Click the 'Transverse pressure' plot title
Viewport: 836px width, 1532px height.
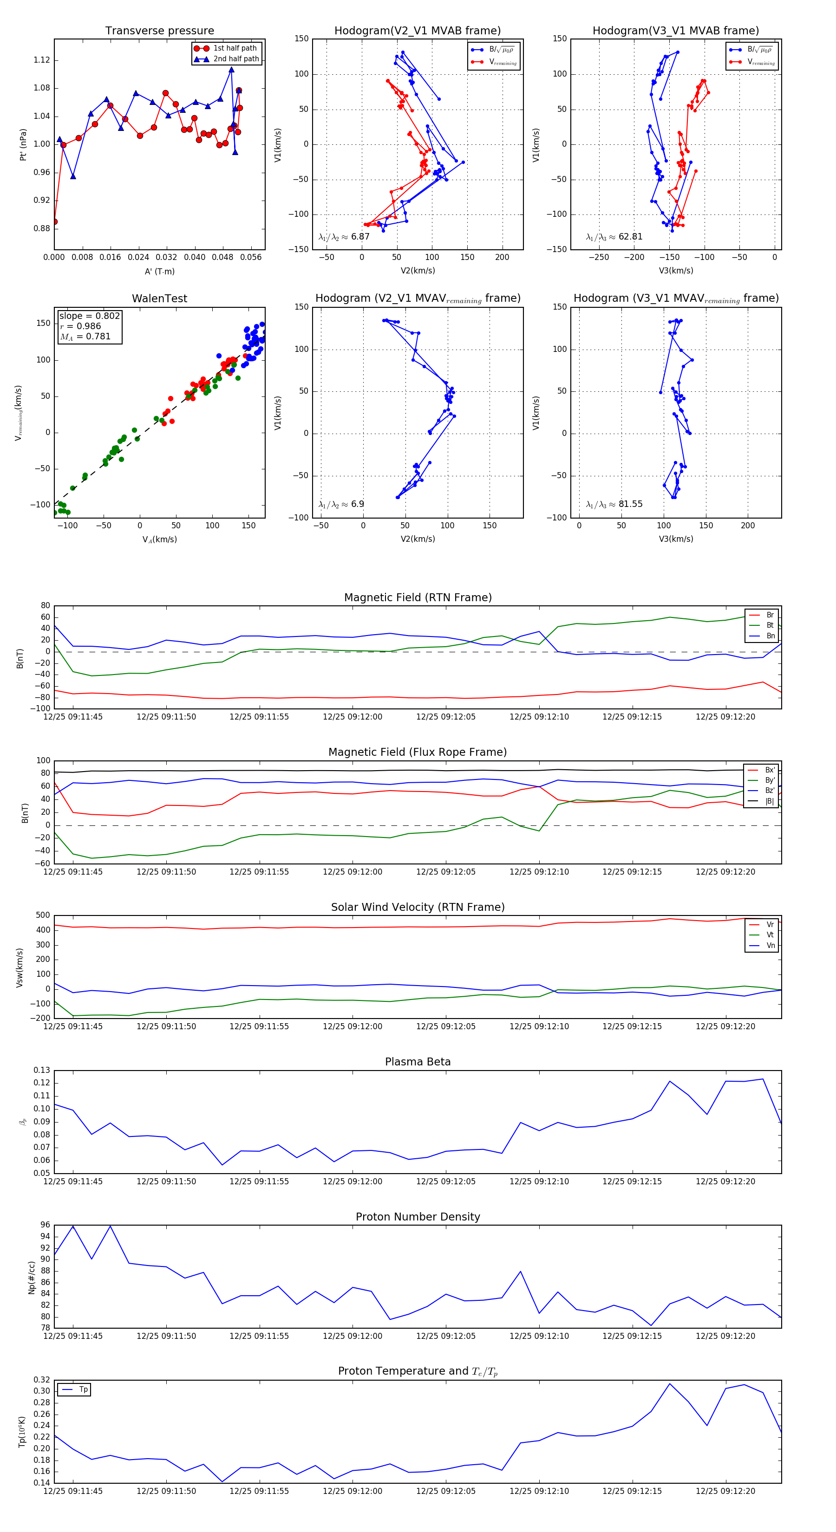pyautogui.click(x=159, y=31)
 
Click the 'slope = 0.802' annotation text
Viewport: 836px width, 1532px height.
pyautogui.click(x=89, y=316)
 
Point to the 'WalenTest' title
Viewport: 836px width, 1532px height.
pyautogui.click(x=159, y=299)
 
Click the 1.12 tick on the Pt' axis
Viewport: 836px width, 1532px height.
pyautogui.click(x=42, y=60)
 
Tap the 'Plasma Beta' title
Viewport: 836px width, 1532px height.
pyautogui.click(x=418, y=1062)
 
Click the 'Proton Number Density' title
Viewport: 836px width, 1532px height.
pyautogui.click(x=418, y=1217)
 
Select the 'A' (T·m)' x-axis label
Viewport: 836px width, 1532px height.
pyautogui.click(x=159, y=271)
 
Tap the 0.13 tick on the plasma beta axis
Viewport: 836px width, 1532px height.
pyautogui.click(x=42, y=1070)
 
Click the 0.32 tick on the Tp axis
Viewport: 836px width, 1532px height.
pyautogui.click(x=42, y=1380)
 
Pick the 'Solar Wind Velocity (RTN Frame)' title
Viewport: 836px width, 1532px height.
pyautogui.click(x=418, y=907)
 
